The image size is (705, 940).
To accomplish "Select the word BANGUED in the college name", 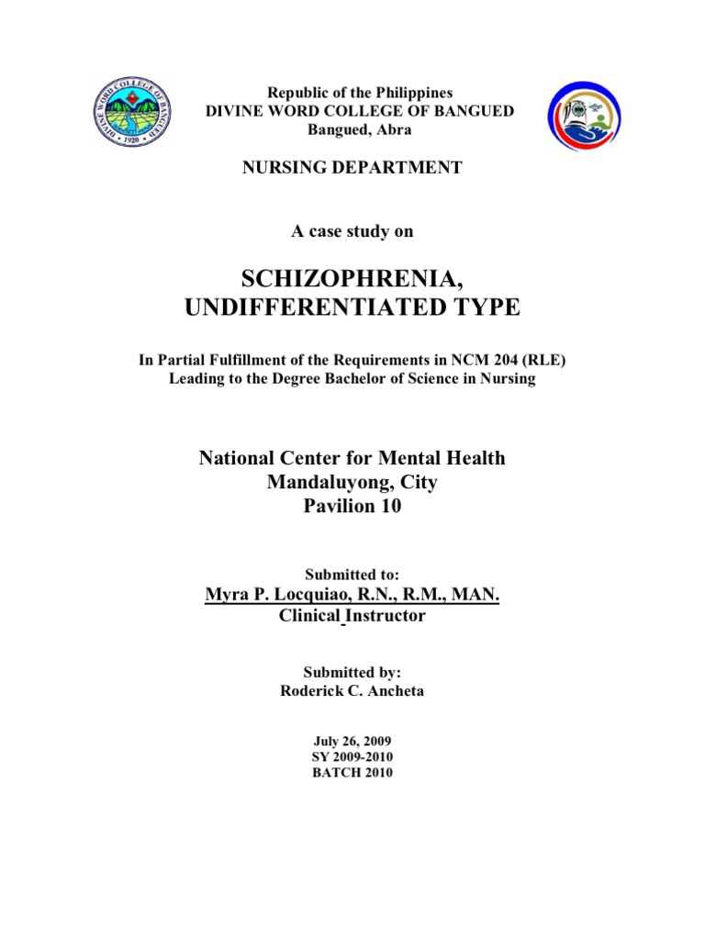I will (467, 111).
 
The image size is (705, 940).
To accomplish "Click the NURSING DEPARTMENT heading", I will (352, 167).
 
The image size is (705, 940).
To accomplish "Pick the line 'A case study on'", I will (352, 231).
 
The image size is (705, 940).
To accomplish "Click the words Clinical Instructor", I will (352, 616).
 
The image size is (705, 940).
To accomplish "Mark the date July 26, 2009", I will (352, 739).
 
